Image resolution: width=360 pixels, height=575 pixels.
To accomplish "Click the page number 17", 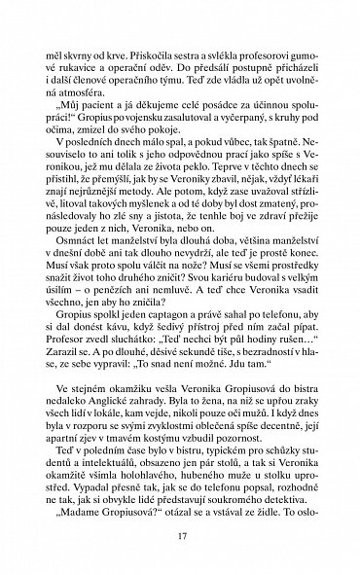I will tap(180, 533).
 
